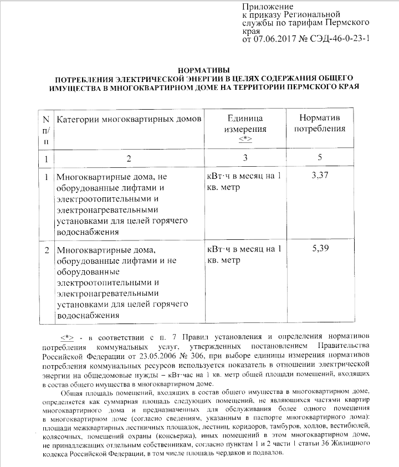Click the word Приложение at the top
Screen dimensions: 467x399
click(264, 6)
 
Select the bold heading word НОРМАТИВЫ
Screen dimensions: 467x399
click(199, 70)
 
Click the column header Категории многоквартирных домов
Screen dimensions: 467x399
click(129, 119)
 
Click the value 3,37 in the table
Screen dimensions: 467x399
click(320, 176)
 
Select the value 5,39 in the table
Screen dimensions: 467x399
click(320, 248)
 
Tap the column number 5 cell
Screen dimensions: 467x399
click(320, 158)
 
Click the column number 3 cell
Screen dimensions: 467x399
click(244, 158)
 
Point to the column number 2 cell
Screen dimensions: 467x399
click(129, 159)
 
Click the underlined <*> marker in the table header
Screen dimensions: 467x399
click(245, 138)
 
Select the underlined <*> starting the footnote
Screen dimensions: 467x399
click(67, 337)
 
